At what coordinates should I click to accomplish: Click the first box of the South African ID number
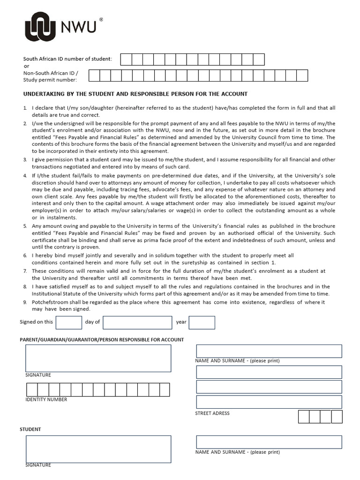126,60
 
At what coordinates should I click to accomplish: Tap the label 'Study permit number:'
50,80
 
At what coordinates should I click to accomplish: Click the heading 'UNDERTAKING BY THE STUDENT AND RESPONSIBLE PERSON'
135,94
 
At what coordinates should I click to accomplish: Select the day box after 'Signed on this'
68,322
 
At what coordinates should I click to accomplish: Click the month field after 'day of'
137,322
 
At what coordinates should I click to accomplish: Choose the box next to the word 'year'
202,322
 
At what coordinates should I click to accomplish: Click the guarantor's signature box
98,358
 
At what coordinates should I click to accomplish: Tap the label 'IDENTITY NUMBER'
46,400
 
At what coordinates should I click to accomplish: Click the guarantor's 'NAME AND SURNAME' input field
269,351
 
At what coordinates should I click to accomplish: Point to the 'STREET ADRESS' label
212,413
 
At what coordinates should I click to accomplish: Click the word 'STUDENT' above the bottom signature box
30,429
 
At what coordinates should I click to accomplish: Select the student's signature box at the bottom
98,449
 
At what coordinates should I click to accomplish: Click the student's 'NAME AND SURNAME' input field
269,442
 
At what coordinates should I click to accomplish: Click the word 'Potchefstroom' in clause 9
50,302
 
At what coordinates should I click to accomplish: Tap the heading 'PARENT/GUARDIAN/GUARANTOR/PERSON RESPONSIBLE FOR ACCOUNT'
102,340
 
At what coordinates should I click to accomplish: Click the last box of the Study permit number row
302,75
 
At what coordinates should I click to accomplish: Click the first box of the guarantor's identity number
32,390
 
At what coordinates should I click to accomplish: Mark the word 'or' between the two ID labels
26,66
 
